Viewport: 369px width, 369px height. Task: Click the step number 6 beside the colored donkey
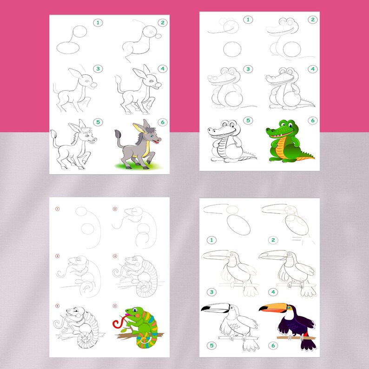click(162, 122)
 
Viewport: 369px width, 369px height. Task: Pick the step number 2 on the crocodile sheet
click(313, 20)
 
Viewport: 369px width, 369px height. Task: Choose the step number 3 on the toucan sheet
click(211, 292)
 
